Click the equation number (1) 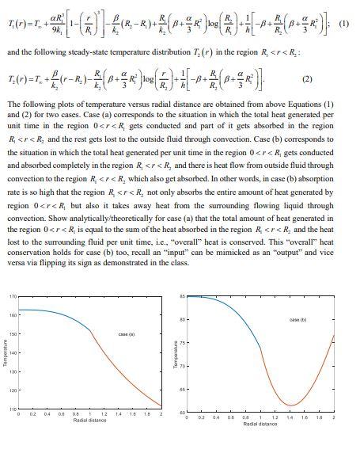coord(344,22)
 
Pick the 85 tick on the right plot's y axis coord(182,296)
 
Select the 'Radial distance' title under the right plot coord(260,424)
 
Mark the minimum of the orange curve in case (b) coord(291,405)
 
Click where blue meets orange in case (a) coord(91,330)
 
